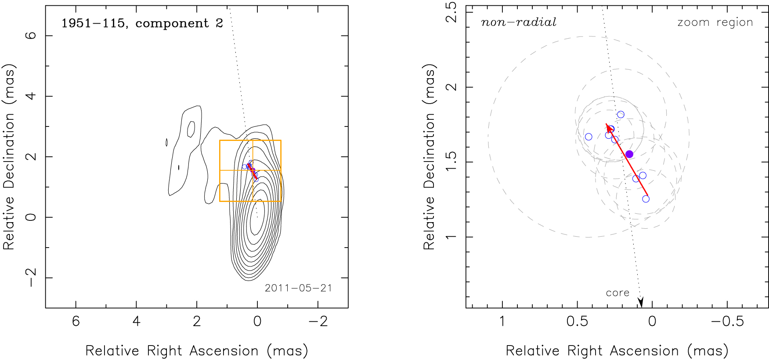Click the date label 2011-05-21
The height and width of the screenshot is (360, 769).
pos(298,288)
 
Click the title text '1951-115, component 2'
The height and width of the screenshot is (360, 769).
pos(142,23)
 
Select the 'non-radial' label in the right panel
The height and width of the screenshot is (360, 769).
pos(519,22)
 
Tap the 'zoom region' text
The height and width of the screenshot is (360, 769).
pos(715,22)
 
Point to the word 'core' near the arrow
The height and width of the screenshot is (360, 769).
pos(617,293)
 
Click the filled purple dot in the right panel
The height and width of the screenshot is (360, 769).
pos(629,154)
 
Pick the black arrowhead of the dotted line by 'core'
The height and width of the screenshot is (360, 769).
pos(641,302)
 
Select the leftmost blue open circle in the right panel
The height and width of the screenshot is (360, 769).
pos(588,137)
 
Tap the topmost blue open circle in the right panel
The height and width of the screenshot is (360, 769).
pos(621,115)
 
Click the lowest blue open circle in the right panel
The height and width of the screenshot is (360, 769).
pos(646,199)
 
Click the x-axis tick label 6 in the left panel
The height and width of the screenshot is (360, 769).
pos(76,321)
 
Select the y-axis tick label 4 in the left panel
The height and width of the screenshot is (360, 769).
pos(31,96)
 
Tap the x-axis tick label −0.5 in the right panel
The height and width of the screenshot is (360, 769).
pos(727,321)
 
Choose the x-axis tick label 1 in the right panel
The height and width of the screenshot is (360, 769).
pos(502,321)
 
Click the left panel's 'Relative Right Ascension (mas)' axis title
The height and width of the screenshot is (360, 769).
pos(196,351)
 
